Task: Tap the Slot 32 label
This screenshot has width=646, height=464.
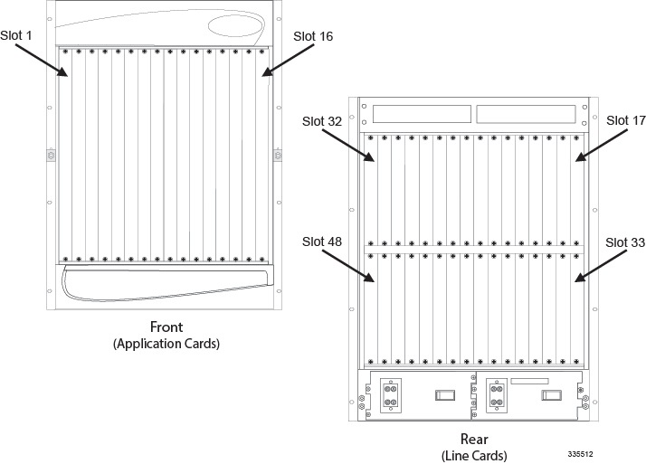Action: pyautogui.click(x=323, y=120)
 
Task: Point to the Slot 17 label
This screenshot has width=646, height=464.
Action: pyautogui.click(x=625, y=120)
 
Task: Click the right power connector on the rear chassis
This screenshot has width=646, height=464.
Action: pyautogui.click(x=497, y=394)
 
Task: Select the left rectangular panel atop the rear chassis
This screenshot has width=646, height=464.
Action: pyautogui.click(x=422, y=114)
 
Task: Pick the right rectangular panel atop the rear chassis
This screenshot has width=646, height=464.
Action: pyautogui.click(x=525, y=114)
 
